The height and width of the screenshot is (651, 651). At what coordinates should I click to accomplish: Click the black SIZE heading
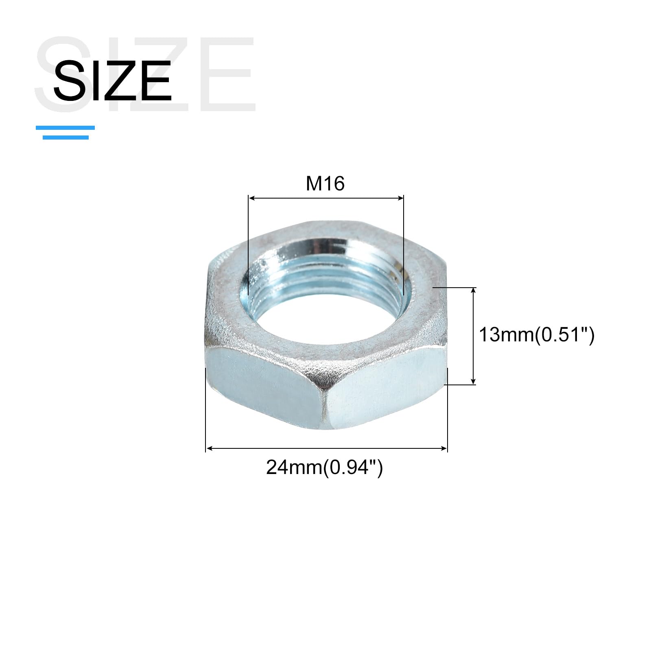[112, 80]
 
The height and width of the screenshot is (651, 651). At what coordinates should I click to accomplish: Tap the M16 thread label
[325, 184]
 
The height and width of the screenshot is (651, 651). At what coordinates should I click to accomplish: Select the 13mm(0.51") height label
[537, 335]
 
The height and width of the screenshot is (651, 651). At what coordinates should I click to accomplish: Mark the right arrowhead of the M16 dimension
[400, 198]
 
